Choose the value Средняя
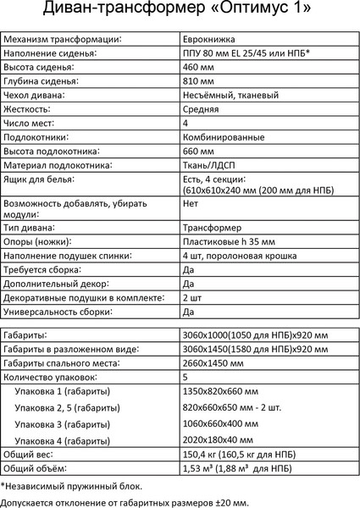click(x=202, y=109)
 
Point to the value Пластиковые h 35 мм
click(x=228, y=242)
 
